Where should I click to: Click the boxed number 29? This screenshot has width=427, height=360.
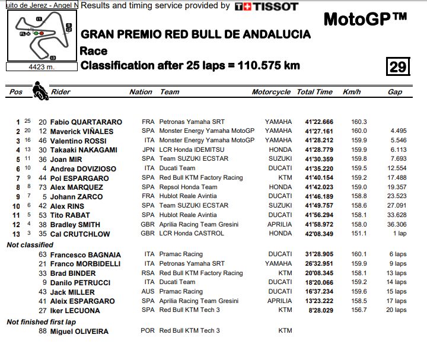click(x=397, y=66)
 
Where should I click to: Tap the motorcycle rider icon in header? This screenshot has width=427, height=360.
click(x=40, y=91)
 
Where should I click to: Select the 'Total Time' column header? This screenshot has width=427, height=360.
click(x=314, y=92)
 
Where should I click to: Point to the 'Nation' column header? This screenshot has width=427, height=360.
click(x=141, y=92)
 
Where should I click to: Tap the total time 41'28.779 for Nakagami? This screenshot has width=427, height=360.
click(x=315, y=150)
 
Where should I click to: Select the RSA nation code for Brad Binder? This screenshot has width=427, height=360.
click(x=148, y=273)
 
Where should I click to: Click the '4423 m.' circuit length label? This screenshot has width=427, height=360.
click(x=41, y=67)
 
